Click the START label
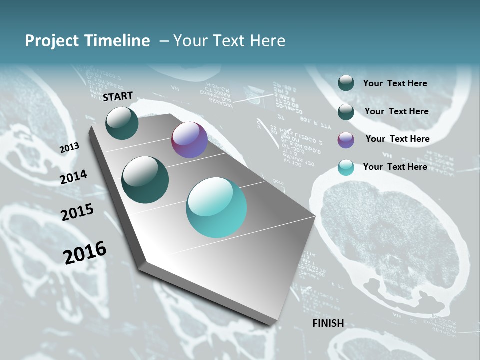click(118, 96)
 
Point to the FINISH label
click(328, 323)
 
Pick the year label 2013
click(69, 147)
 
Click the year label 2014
click(73, 177)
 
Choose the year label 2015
click(77, 212)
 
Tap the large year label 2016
click(84, 253)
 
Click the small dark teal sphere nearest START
click(122, 123)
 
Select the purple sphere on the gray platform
click(189, 140)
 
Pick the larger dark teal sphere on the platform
click(145, 180)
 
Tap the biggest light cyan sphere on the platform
click(216, 207)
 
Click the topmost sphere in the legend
click(346, 83)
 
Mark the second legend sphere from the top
click(346, 112)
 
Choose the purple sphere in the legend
click(346, 140)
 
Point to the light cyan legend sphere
click(346, 167)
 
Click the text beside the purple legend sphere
click(397, 139)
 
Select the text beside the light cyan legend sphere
click(395, 167)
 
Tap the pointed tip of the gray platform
click(315, 216)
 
